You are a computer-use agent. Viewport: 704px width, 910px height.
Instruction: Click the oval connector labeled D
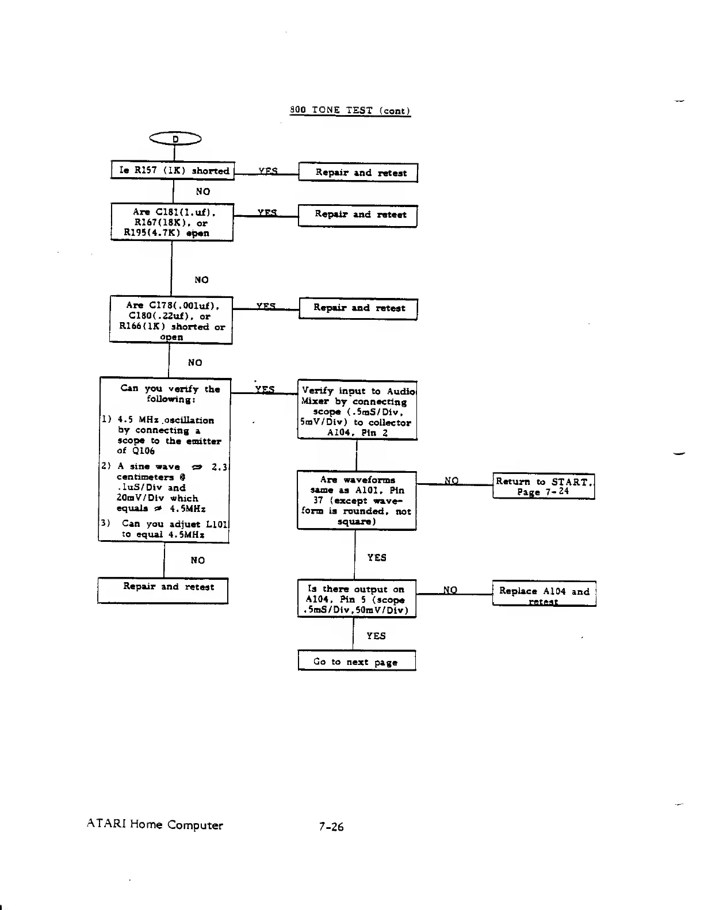[175, 139]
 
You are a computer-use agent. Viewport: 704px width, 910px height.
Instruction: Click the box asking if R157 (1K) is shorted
[173, 171]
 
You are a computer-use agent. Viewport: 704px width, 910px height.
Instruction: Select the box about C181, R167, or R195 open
[171, 222]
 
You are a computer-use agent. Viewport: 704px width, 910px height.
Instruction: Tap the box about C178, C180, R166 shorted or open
[171, 320]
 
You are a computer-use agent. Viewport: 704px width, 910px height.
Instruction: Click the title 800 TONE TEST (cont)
[350, 110]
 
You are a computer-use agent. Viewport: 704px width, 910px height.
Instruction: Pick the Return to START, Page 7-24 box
[544, 487]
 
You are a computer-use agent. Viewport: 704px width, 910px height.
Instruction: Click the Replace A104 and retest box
[544, 594]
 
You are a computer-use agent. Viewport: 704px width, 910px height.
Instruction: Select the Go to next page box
[356, 662]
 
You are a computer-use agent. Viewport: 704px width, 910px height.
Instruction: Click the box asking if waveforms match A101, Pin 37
[356, 500]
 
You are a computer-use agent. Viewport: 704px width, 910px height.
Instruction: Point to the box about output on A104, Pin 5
[356, 599]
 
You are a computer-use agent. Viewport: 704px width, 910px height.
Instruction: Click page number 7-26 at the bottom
[331, 827]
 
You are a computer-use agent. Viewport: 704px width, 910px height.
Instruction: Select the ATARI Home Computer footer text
[155, 825]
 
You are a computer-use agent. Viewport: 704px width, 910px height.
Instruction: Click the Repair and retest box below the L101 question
[163, 591]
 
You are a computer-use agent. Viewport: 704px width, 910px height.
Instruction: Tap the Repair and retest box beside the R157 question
[358, 173]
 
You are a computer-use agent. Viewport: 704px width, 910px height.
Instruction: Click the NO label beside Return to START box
[452, 481]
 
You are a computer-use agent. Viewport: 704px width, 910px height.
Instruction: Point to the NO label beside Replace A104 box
[450, 590]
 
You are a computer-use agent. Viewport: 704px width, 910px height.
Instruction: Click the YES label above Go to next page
[376, 636]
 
